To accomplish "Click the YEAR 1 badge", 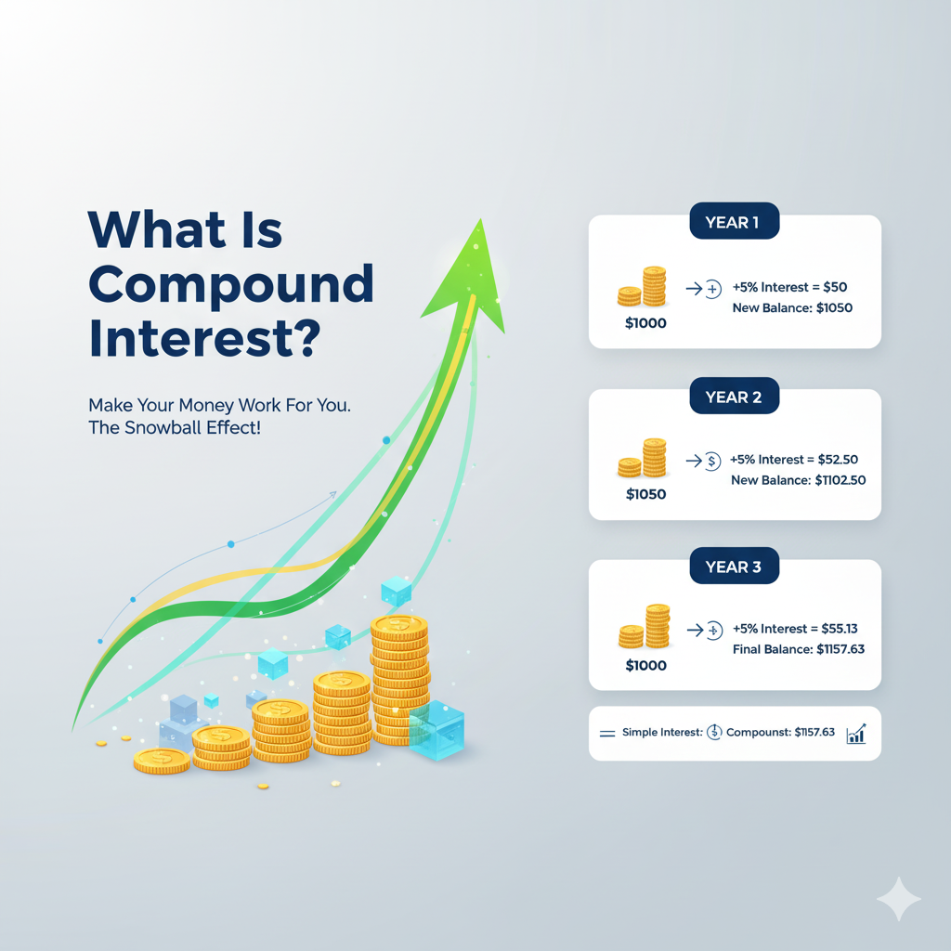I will pos(734,223).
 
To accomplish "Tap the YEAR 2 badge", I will pos(734,397).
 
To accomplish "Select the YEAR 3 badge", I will pos(734,567).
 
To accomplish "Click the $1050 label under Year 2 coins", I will pos(645,494).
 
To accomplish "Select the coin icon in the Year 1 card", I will pos(643,288).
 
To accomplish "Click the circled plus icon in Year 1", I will pos(713,290).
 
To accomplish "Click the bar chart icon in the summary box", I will pos(856,734).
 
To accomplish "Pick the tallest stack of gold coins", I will pos(399,678).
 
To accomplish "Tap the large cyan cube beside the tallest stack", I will pos(436,730).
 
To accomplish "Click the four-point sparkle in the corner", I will pos(898,898).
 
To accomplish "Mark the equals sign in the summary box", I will pos(607,734).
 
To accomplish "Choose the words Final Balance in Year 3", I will pos(773,649).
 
